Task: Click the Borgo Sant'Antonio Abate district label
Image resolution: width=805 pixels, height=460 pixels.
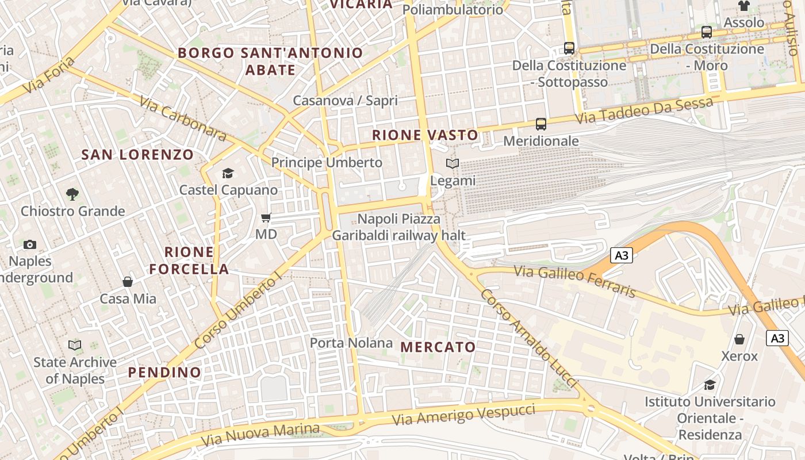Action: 270,62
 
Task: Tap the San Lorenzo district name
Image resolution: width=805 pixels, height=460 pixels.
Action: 137,155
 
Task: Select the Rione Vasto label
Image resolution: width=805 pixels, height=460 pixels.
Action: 425,135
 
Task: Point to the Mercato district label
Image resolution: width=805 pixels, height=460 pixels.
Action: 438,347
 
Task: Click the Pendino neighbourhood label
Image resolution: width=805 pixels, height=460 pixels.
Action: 164,372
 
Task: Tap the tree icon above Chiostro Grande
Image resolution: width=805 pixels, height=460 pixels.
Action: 72,194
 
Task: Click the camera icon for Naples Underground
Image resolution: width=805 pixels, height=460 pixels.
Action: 30,244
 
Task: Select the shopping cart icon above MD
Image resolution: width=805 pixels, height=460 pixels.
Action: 266,217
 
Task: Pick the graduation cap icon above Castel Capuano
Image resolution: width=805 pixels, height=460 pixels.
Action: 228,173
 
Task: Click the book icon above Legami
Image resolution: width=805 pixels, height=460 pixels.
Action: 453,164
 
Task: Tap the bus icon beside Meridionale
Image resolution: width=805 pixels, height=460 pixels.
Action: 541,124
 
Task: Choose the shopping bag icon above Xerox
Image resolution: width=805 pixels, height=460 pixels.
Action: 739,339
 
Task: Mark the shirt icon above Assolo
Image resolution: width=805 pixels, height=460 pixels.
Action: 744,6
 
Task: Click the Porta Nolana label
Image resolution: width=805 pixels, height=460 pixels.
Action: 351,343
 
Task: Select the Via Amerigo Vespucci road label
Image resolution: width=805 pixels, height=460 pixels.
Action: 463,414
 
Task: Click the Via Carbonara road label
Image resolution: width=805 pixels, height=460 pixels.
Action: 183,118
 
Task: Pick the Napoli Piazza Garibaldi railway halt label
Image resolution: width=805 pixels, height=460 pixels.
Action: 398,227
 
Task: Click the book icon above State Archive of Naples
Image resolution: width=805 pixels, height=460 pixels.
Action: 75,345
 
